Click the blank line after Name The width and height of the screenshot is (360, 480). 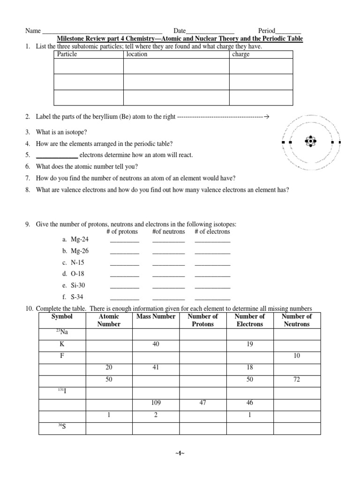[102, 31]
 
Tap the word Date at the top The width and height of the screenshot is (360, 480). [180, 30]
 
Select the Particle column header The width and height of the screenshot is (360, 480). [67, 54]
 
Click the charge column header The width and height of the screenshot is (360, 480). [241, 54]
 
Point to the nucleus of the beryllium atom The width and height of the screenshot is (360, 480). [311, 141]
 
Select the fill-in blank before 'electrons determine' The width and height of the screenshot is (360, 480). [57, 156]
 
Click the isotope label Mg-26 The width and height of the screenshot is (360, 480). [79, 251]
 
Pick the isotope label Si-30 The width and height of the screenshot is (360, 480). [78, 285]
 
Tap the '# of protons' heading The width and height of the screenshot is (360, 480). [122, 232]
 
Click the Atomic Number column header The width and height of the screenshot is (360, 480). [109, 320]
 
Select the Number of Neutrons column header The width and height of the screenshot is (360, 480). [297, 320]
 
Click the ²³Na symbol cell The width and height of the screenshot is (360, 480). [62, 333]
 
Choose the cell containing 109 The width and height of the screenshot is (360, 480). [156, 403]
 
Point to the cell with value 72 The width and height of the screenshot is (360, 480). [297, 379]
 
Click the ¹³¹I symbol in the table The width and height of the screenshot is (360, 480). [62, 391]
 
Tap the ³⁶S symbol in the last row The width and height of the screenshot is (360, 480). [62, 427]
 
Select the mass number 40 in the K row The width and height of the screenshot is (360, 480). [156, 345]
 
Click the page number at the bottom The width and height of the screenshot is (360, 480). [180, 454]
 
